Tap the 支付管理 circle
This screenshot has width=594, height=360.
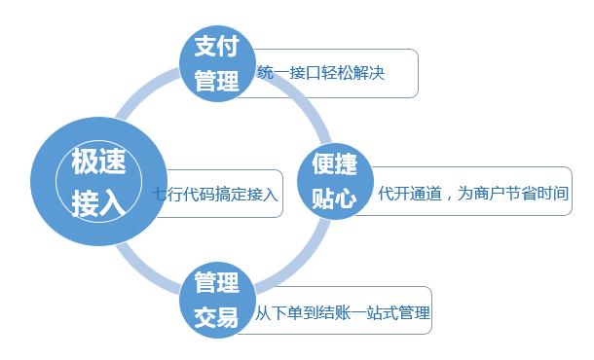click(217, 63)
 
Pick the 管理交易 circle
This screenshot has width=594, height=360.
click(217, 299)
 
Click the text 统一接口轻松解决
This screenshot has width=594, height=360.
click(321, 73)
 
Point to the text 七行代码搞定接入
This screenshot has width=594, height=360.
click(216, 193)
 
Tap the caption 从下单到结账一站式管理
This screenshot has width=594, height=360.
click(342, 313)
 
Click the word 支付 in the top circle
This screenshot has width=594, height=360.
click(217, 47)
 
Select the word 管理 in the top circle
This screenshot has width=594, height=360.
click(217, 81)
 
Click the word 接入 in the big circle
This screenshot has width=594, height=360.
click(97, 202)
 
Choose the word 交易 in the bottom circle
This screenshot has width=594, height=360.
click(217, 317)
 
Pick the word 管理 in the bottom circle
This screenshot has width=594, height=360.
click(217, 282)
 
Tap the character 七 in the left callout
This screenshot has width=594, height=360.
click(161, 193)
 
